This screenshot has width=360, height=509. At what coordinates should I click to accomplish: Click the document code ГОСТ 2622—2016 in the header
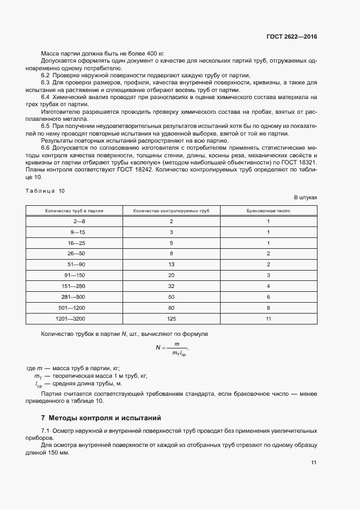coord(291,37)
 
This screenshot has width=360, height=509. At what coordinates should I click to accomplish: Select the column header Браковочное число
coord(269,210)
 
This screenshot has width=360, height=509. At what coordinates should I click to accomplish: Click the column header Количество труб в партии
coord(74,210)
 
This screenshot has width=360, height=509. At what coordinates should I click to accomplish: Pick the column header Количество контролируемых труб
coord(171,210)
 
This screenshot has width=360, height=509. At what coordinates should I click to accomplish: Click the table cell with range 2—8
coord(79,222)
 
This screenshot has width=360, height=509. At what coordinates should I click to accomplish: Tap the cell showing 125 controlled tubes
coord(171,318)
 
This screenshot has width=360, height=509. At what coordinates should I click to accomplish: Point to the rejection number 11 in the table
coord(269,318)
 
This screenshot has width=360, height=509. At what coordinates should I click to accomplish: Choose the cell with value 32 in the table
coord(171,286)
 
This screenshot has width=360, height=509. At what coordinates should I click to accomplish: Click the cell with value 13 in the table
coord(171,265)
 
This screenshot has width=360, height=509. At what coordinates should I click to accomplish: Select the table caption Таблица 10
coord(45,191)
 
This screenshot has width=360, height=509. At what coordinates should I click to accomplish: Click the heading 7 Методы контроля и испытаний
coord(101,418)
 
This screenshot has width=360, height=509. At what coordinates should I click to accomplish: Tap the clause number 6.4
coord(45,96)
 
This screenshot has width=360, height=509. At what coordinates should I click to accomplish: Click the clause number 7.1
coord(45,431)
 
